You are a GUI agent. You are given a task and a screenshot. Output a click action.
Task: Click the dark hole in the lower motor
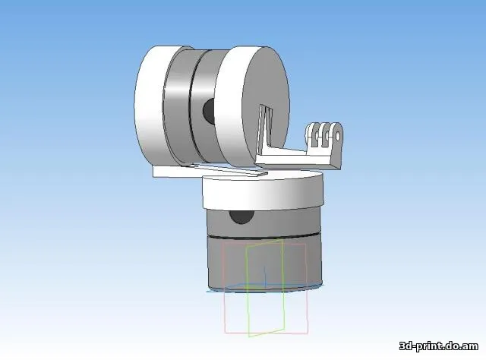[x=243, y=216]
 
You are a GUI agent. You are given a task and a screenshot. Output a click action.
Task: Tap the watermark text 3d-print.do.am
[x=441, y=346]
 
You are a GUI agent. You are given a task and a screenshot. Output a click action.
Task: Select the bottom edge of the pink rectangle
[x=266, y=332]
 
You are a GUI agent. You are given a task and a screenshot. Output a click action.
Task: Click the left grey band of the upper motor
[x=174, y=106]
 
